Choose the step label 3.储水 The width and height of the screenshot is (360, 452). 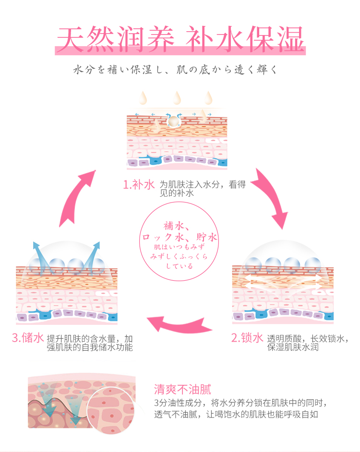[28, 339]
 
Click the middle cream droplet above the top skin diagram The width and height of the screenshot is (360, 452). [176, 98]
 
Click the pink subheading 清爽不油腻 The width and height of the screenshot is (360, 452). [182, 389]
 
